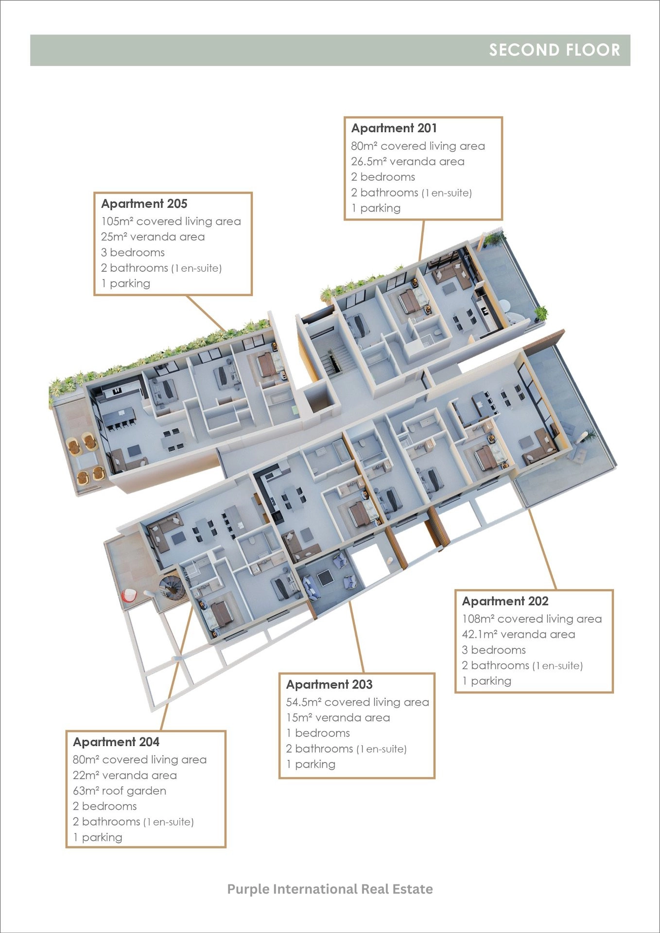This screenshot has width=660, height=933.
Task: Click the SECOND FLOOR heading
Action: [555, 50]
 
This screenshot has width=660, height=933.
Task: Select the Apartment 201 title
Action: [394, 128]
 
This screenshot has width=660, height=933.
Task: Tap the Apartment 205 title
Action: [144, 204]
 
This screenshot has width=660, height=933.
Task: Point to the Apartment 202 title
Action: [505, 601]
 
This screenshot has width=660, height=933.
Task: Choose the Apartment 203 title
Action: [330, 684]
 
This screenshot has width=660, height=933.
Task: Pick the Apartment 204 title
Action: [116, 742]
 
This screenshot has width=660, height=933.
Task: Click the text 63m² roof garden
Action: [120, 791]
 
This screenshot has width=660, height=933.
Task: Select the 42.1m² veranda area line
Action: [519, 634]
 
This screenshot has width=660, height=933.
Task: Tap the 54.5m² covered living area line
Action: [358, 702]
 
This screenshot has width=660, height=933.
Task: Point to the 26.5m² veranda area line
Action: [408, 161]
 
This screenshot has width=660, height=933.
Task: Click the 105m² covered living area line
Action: [171, 221]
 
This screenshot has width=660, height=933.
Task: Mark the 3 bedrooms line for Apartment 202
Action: [494, 650]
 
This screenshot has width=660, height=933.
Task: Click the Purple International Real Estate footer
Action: [330, 889]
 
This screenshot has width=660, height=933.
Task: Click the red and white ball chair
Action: [129, 595]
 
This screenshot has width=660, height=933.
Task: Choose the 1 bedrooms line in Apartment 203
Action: [318, 733]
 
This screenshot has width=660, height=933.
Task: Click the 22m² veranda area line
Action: [125, 775]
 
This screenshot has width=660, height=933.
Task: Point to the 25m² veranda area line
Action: [153, 237]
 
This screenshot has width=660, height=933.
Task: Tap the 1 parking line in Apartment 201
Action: [376, 208]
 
